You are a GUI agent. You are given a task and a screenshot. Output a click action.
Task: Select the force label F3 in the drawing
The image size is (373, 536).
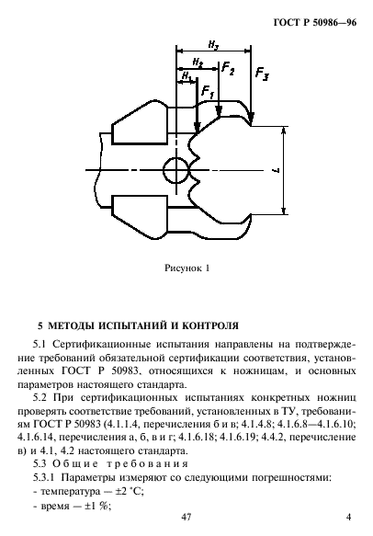(263, 73)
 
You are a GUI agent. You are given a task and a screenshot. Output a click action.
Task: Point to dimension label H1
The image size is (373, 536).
(188, 76)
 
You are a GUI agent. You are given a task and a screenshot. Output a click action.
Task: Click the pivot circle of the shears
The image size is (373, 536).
(175, 169)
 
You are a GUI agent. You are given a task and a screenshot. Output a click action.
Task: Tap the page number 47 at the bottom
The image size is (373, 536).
(186, 519)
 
